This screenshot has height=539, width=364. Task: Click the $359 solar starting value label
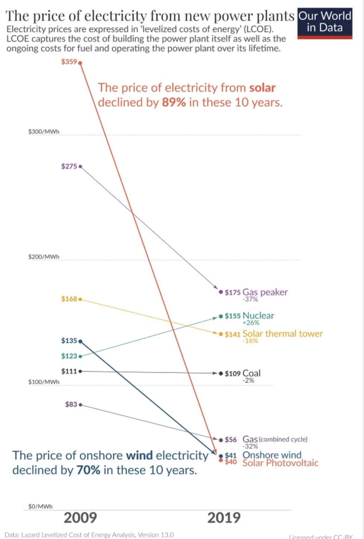pos(69,62)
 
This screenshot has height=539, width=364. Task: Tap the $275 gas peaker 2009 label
pos(69,166)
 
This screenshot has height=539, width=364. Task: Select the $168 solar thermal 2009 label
pos(69,299)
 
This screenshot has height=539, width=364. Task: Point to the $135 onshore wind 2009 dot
pos(80,341)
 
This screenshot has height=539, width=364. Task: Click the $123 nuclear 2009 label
pos(69,356)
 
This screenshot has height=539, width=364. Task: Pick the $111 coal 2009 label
pos(69,371)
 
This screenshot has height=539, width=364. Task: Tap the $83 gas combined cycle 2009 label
pos(71,404)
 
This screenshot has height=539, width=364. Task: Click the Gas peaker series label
pos(265,292)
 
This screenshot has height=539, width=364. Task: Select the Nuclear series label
pos(258,315)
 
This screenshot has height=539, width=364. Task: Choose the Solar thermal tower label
pos(282,334)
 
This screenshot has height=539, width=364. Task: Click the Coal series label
pos(251,373)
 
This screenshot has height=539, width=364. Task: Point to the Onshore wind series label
pos(272,455)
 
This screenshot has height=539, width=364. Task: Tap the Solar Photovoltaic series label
pos(281,463)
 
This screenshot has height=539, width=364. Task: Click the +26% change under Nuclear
pos(251,323)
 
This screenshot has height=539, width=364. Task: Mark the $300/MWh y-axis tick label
pos(44,132)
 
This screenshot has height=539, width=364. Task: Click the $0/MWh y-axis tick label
pos(41,507)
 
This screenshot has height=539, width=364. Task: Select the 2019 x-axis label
pos(224,518)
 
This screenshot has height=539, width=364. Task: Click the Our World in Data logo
pos(325,23)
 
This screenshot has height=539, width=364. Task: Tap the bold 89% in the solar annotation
pos(174,102)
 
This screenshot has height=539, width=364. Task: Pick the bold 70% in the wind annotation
pos(88,470)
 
